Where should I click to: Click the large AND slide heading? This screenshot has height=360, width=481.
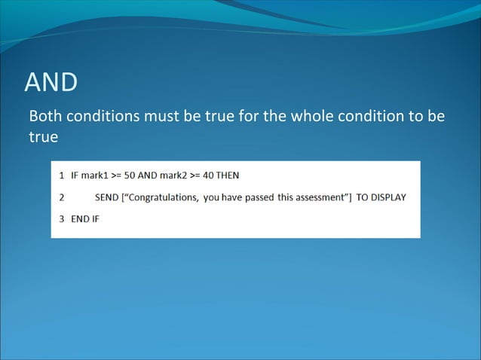pyautogui.click(x=51, y=84)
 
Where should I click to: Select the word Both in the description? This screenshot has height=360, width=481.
pyautogui.click(x=44, y=119)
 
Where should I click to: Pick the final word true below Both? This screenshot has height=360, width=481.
pyautogui.click(x=43, y=139)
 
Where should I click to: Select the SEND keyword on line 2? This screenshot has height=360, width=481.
pyautogui.click(x=108, y=197)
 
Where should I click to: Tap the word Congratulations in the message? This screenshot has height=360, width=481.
pyautogui.click(x=169, y=197)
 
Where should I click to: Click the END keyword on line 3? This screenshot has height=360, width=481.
pyautogui.click(x=81, y=219)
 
